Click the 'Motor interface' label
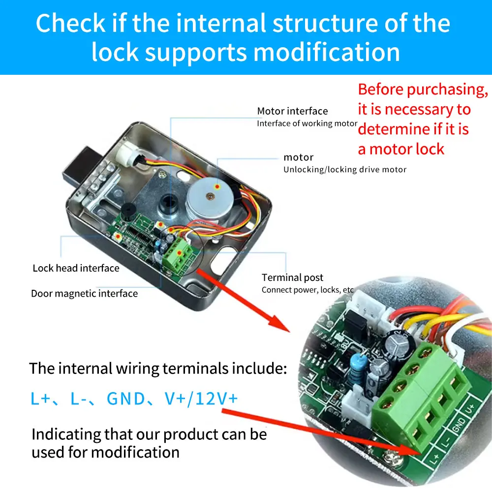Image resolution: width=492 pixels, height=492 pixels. [292, 111]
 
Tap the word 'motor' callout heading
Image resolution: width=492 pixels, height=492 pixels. [298, 157]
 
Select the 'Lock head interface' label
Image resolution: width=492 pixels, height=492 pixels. [76, 268]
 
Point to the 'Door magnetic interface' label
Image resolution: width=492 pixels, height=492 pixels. [84, 294]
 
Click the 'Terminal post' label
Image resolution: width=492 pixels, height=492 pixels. [292, 277]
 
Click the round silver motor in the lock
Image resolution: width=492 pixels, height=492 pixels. [211, 196]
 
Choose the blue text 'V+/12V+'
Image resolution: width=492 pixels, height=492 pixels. [202, 398]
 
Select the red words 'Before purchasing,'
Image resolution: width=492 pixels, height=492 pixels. [423, 90]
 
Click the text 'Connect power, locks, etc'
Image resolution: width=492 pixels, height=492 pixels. [307, 290]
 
